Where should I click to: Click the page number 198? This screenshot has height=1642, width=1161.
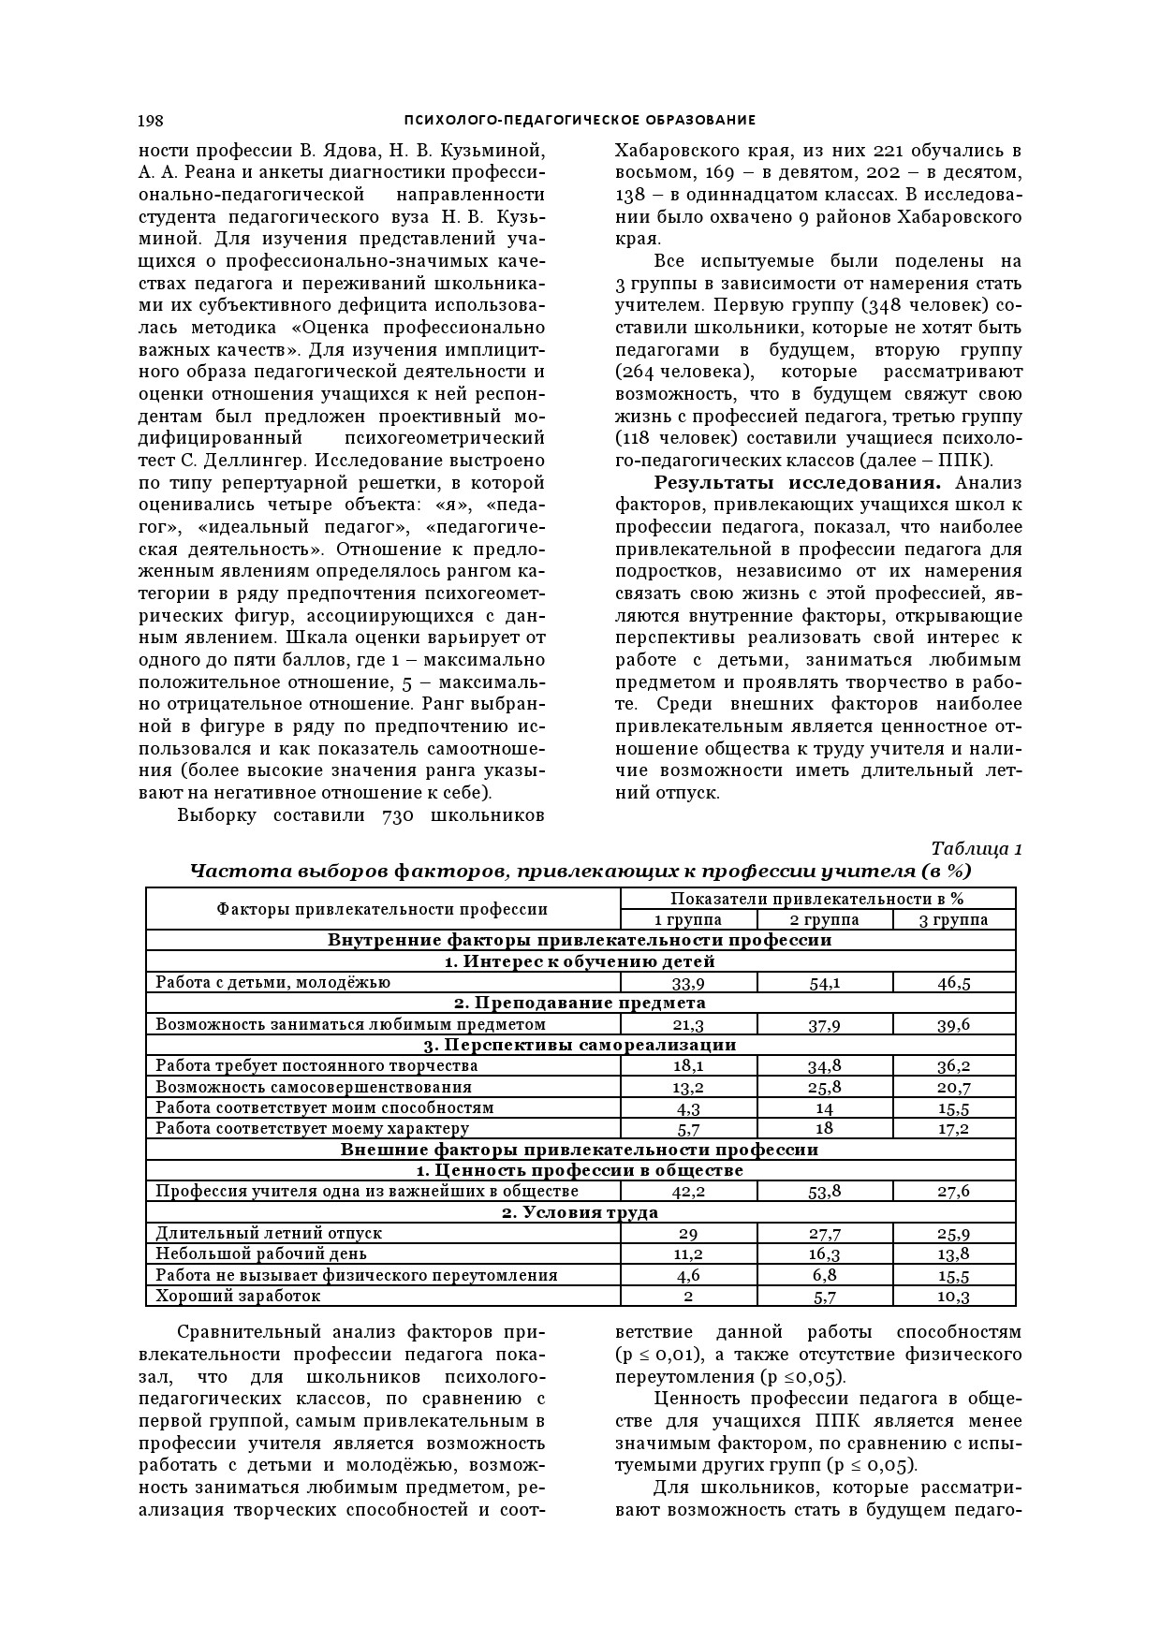(x=151, y=120)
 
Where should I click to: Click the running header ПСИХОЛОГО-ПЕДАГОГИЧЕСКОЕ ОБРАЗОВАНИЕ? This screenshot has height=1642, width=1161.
(x=580, y=120)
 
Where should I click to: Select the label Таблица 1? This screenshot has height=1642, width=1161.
(x=977, y=848)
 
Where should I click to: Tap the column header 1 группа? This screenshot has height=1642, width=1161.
(x=688, y=919)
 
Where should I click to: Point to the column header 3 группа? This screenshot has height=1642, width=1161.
(x=954, y=919)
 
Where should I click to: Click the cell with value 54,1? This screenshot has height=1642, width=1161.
(x=825, y=983)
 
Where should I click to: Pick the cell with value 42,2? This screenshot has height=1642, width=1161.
(x=688, y=1192)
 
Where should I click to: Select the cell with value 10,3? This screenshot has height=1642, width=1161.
(x=954, y=1297)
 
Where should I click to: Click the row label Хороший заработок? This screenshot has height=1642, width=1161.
(x=238, y=1297)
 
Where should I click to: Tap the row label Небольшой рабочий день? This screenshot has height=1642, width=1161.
(x=261, y=1254)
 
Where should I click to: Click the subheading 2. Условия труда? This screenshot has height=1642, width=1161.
(x=580, y=1213)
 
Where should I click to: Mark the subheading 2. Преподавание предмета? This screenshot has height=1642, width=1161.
(x=580, y=1004)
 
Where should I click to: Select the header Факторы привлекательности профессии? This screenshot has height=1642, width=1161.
(x=382, y=909)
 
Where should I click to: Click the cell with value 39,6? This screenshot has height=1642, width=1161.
(x=954, y=1025)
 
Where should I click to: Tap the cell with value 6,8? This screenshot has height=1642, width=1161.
(x=825, y=1275)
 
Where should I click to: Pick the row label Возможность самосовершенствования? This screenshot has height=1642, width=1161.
(x=314, y=1088)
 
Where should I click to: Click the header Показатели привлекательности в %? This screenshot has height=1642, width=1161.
(x=817, y=899)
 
